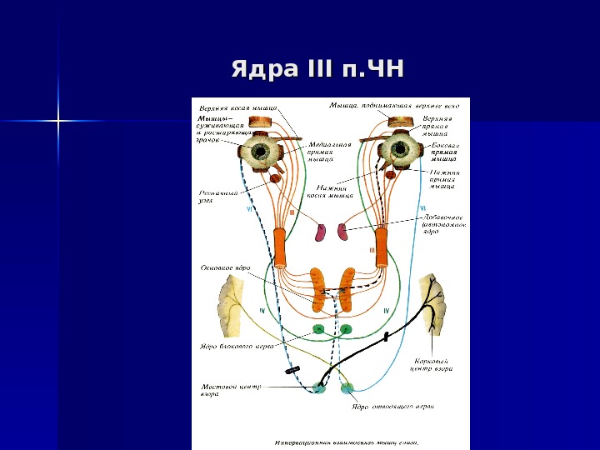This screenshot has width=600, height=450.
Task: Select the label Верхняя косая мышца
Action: [237, 107]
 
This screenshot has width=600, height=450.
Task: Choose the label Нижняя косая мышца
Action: [331, 191]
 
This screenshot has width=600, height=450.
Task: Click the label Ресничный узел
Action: [218, 196]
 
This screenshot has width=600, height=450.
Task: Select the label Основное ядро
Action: [225, 268]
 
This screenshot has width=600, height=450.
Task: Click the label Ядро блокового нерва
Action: [235, 347]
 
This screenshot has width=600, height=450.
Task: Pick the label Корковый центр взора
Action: [432, 365]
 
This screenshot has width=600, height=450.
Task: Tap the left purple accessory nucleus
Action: [321, 232]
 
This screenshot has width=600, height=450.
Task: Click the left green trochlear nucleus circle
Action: [317, 329]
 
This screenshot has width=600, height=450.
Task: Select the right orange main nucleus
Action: [345, 288]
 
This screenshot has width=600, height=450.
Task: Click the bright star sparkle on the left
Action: [59, 122]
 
